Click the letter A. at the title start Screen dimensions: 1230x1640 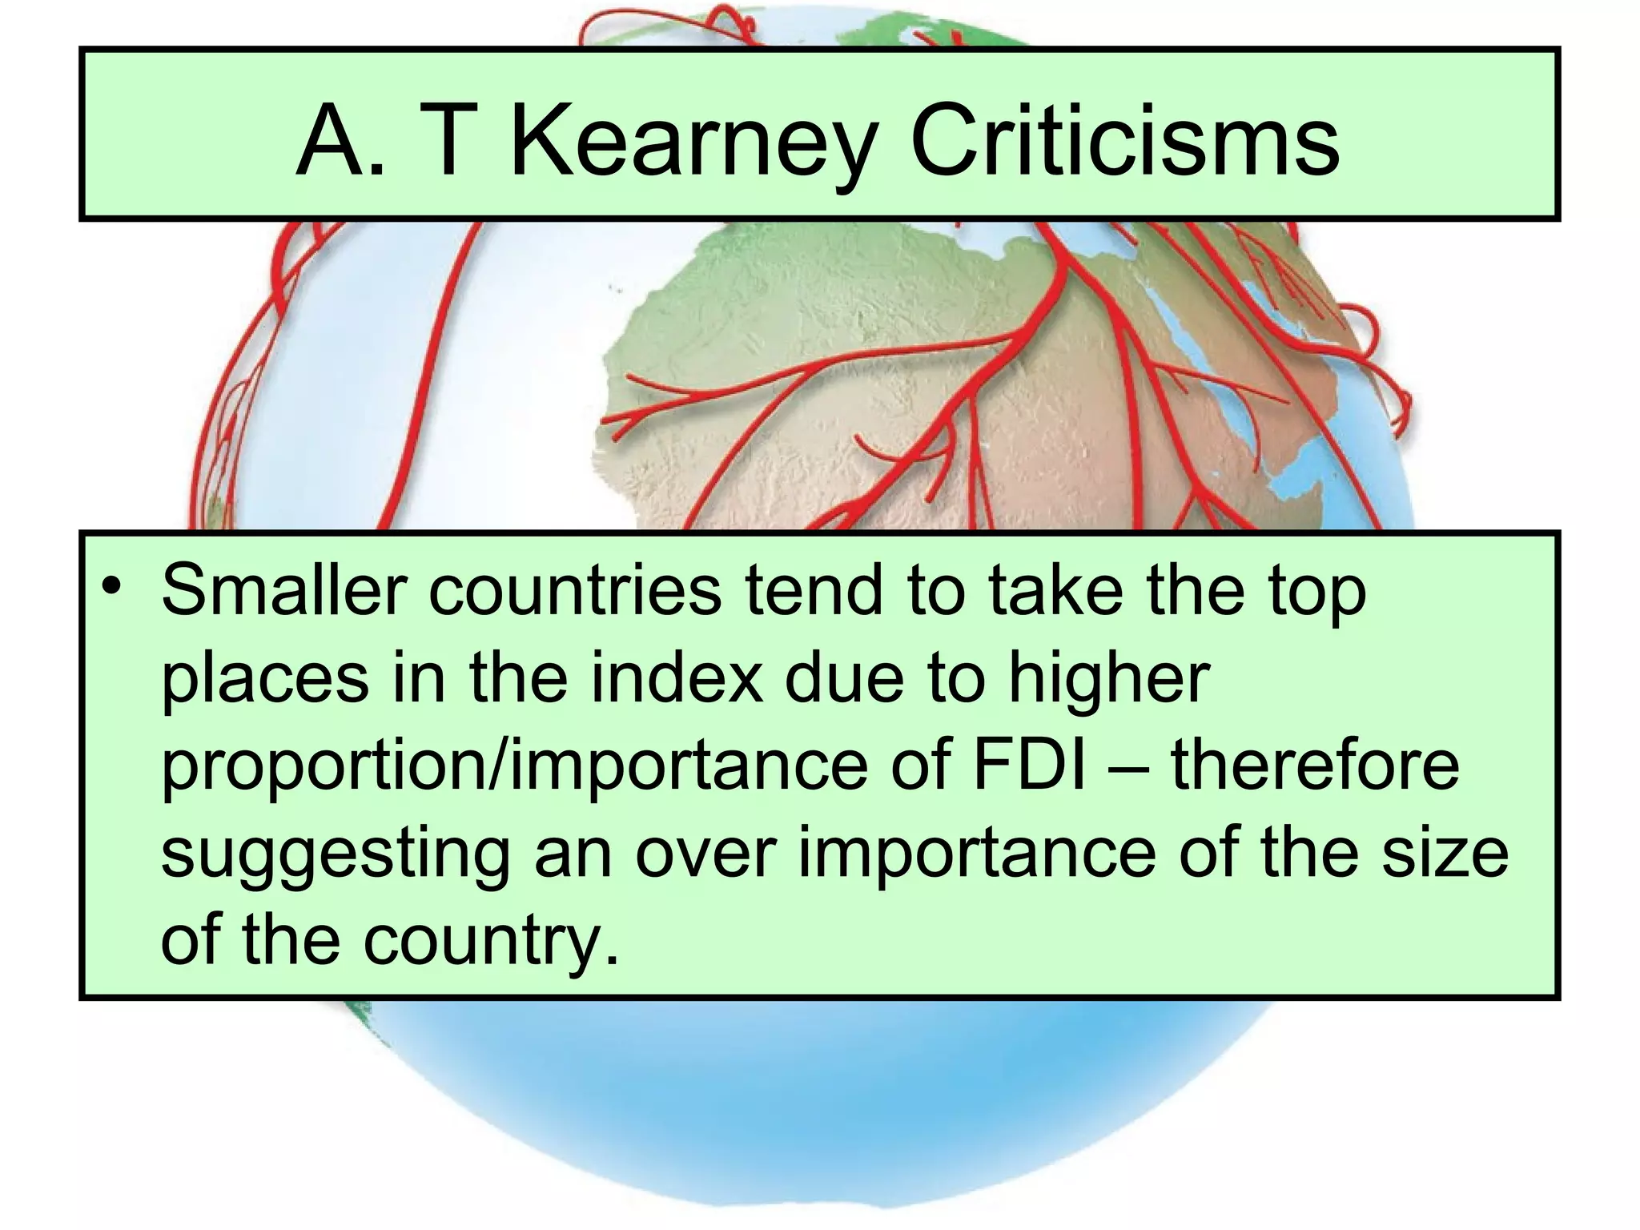click(340, 141)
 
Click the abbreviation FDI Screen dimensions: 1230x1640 click(1028, 765)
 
